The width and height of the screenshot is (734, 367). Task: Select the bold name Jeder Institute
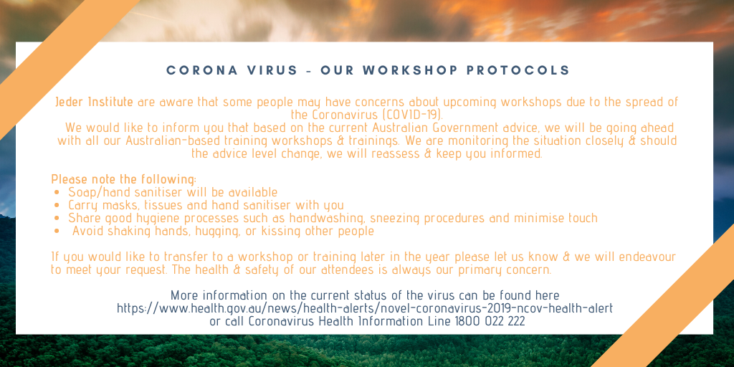tap(94, 102)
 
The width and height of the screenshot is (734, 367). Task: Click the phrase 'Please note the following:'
tap(123, 179)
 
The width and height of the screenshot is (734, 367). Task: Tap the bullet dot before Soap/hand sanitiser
tap(57, 192)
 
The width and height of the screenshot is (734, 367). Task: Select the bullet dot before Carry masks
tap(57, 206)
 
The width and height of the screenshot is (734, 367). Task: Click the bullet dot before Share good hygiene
tap(57, 218)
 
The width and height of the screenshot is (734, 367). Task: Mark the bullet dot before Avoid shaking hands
tap(57, 232)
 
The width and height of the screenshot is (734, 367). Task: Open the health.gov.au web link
tap(365, 308)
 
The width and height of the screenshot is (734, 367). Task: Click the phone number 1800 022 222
tap(490, 322)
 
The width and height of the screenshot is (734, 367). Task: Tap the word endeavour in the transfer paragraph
tap(647, 257)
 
